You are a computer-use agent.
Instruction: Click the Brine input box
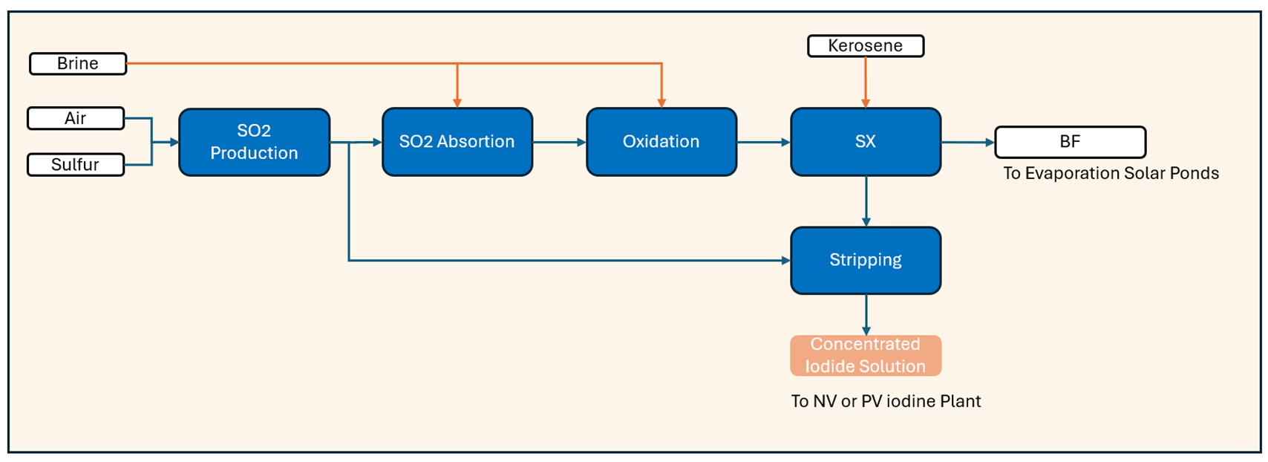pyautogui.click(x=78, y=64)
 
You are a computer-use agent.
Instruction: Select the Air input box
pyautogui.click(x=76, y=118)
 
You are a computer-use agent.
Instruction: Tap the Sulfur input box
pyautogui.click(x=76, y=164)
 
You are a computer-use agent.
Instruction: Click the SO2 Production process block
pyautogui.click(x=254, y=142)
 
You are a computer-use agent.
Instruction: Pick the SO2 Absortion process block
pyautogui.click(x=457, y=142)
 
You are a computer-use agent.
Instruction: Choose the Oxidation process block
pyautogui.click(x=661, y=142)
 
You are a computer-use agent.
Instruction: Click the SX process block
pyautogui.click(x=866, y=142)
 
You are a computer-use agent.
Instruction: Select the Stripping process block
pyautogui.click(x=866, y=260)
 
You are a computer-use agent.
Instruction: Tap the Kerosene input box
pyautogui.click(x=866, y=46)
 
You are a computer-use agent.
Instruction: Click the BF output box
pyautogui.click(x=1070, y=142)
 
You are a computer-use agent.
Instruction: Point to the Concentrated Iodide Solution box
pyautogui.click(x=866, y=355)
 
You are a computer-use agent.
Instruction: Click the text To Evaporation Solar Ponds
pyautogui.click(x=1111, y=174)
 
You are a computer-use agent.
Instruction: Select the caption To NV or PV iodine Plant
pyautogui.click(x=886, y=401)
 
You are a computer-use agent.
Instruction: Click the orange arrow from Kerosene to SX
pyautogui.click(x=866, y=82)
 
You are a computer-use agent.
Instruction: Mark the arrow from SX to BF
pyautogui.click(x=967, y=142)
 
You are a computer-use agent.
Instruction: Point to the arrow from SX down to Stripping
pyautogui.click(x=866, y=201)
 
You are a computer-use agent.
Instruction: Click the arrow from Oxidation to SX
pyautogui.click(x=763, y=142)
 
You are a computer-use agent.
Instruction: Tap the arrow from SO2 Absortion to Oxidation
pyautogui.click(x=559, y=142)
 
